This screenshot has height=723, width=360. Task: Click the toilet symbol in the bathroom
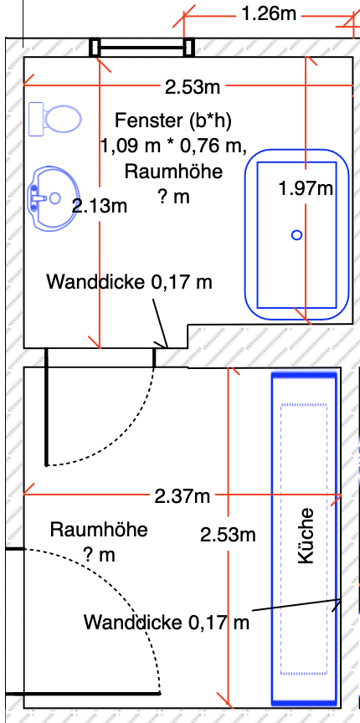coord(55,119)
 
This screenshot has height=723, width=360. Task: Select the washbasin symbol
coord(52,199)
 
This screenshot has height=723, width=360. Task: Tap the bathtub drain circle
coord(296,235)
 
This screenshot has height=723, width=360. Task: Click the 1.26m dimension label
coord(269,14)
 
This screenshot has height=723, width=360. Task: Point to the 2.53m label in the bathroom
coord(193,86)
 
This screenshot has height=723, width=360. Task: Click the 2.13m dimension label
coord(100,206)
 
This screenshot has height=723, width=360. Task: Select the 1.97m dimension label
coord(306,188)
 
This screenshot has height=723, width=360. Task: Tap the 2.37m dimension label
coord(183,496)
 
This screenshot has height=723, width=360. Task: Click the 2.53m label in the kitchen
coord(228,535)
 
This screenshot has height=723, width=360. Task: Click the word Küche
coord(306,536)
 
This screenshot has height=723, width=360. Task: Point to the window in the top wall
coord(141,47)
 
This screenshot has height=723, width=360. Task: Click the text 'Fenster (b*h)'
coord(173,120)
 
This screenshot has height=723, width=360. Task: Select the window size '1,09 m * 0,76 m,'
coord(173,146)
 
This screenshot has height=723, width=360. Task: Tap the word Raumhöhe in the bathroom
coord(173,172)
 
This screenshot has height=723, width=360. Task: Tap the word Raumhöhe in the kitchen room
coord(99,530)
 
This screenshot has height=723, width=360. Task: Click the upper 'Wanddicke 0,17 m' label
coord(129,282)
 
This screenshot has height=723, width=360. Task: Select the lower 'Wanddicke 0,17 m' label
coord(167,623)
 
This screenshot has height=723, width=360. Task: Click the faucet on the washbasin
coord(39,198)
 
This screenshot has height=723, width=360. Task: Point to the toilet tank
coord(37,119)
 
